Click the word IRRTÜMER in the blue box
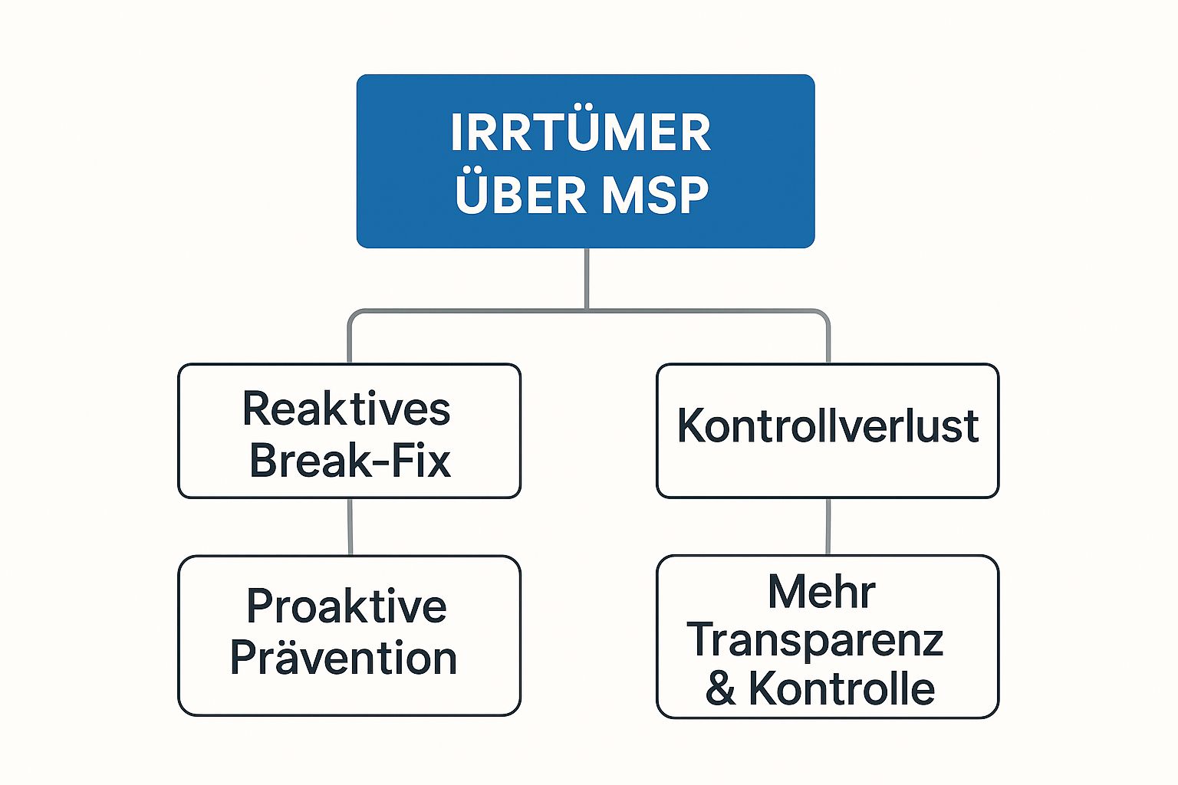[581, 133]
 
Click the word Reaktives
[346, 409]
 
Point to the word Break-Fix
[350, 461]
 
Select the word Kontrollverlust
[828, 426]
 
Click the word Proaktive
[346, 606]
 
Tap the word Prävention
[344, 659]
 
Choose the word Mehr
[821, 592]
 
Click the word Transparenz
[815, 640]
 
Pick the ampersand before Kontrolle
[720, 688]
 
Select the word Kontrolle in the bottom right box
[841, 688]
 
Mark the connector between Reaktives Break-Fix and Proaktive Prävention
[350, 527]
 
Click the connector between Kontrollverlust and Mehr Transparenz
[828, 527]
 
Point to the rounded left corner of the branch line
[354, 314]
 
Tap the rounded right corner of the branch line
[824, 314]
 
